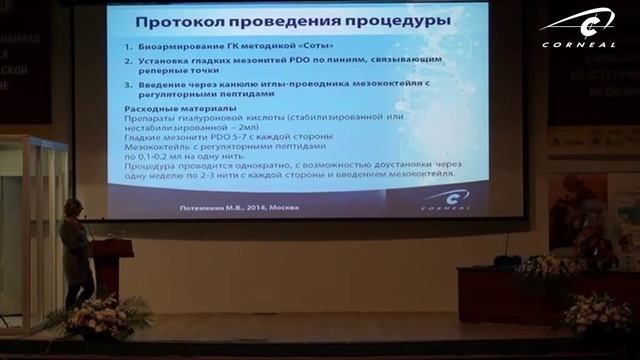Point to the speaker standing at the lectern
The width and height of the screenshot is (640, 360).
tap(76, 250)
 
